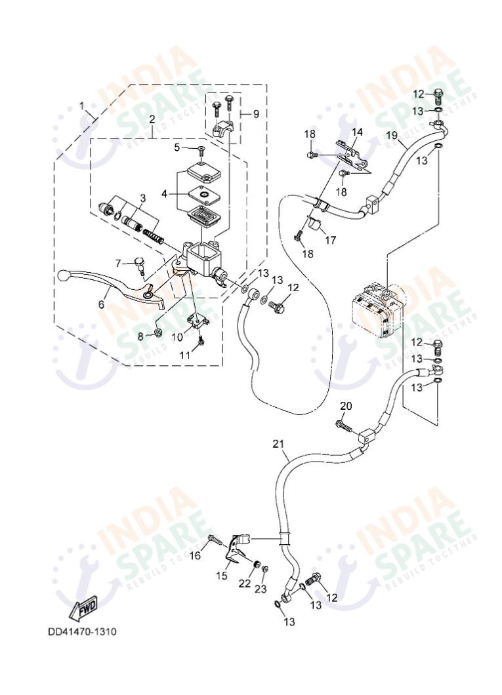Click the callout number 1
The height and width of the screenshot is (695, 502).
pyautogui.click(x=82, y=106)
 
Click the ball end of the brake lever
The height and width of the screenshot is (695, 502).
pyautogui.click(x=64, y=275)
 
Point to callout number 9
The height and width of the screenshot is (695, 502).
pyautogui.click(x=256, y=113)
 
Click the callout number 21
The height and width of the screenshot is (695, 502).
pyautogui.click(x=278, y=445)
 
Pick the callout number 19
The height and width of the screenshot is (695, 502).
pyautogui.click(x=392, y=136)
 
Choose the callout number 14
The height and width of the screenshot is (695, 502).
pyautogui.click(x=356, y=132)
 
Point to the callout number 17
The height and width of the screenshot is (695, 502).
pyautogui.click(x=330, y=241)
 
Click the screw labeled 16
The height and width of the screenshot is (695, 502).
pyautogui.click(x=213, y=540)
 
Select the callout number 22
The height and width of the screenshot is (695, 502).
pyautogui.click(x=245, y=583)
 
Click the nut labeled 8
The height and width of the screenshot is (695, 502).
pyautogui.click(x=158, y=332)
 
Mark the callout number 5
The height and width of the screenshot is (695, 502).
pyautogui.click(x=177, y=148)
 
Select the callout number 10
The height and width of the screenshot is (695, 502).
pyautogui.click(x=177, y=336)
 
